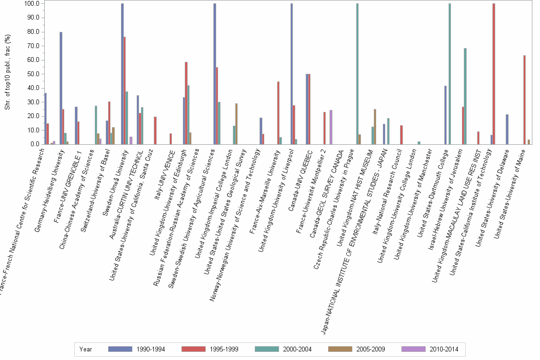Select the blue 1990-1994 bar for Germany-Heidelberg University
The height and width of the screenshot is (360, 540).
click(x=61, y=88)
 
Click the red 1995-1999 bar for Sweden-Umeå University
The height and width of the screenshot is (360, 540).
click(x=125, y=90)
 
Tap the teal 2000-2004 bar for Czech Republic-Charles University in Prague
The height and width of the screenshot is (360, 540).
click(x=357, y=74)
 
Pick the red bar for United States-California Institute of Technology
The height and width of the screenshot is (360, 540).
click(x=494, y=74)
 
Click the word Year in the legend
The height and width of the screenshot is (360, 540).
click(x=86, y=350)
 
